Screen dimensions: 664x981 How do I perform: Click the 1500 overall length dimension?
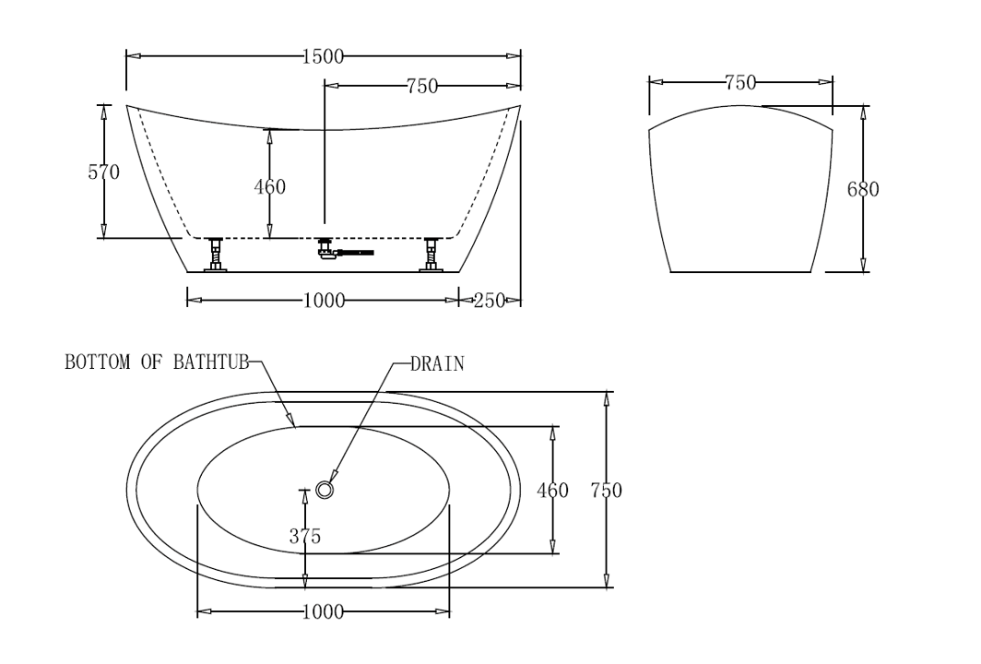[323, 56]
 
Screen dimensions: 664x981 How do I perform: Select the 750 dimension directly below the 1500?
[421, 87]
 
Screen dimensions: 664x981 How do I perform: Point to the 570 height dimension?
[103, 172]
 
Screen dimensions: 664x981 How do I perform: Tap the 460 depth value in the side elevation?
[269, 187]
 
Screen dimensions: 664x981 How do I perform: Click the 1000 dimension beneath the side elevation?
[323, 301]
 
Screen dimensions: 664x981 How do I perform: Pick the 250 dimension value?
[489, 301]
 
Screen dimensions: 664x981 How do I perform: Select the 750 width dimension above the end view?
[740, 83]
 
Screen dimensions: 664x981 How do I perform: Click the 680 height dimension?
[863, 190]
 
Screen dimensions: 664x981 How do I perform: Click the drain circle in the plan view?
[324, 490]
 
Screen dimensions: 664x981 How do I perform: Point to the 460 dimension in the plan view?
[552, 491]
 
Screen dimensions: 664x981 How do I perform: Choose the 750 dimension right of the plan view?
[606, 491]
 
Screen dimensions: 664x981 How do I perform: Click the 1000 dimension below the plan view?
[323, 612]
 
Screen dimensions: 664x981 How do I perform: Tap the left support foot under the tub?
[216, 255]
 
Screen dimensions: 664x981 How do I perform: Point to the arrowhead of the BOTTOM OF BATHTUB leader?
[294, 426]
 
